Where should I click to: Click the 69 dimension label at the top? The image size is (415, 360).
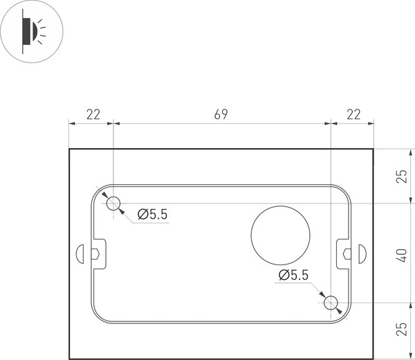point(221,114)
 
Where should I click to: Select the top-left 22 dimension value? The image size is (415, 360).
point(92,114)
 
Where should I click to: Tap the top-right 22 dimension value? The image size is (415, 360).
point(353,114)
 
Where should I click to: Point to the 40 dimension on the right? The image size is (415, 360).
point(402,253)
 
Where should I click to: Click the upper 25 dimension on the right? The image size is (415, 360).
point(402,176)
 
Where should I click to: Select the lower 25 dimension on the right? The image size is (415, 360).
point(402,330)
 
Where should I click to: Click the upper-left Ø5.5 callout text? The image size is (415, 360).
point(152,215)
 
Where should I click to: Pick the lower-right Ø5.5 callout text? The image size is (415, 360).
point(293,276)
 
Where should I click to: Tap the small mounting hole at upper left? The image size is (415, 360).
point(113,203)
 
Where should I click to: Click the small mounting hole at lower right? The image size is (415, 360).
point(331,303)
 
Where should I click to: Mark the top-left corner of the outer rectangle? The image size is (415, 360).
point(69,149)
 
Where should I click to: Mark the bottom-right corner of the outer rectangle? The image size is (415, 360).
point(374,359)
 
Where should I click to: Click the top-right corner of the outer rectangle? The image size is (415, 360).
point(374,149)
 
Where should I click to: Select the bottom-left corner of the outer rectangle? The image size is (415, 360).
point(69,359)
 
